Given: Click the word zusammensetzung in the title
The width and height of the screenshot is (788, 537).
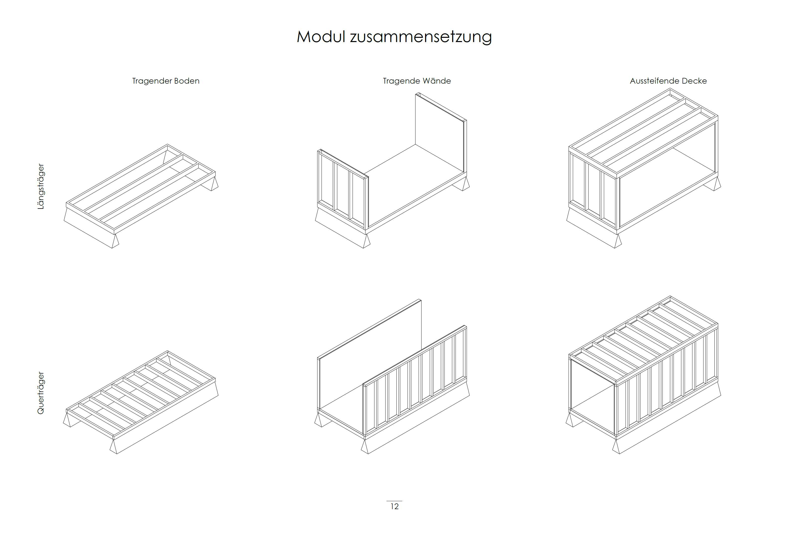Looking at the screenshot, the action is pos(421,37).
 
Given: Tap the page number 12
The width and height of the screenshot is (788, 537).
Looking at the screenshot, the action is pos(394,506).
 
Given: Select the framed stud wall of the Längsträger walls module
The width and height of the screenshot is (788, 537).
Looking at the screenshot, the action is pos(343,190).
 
